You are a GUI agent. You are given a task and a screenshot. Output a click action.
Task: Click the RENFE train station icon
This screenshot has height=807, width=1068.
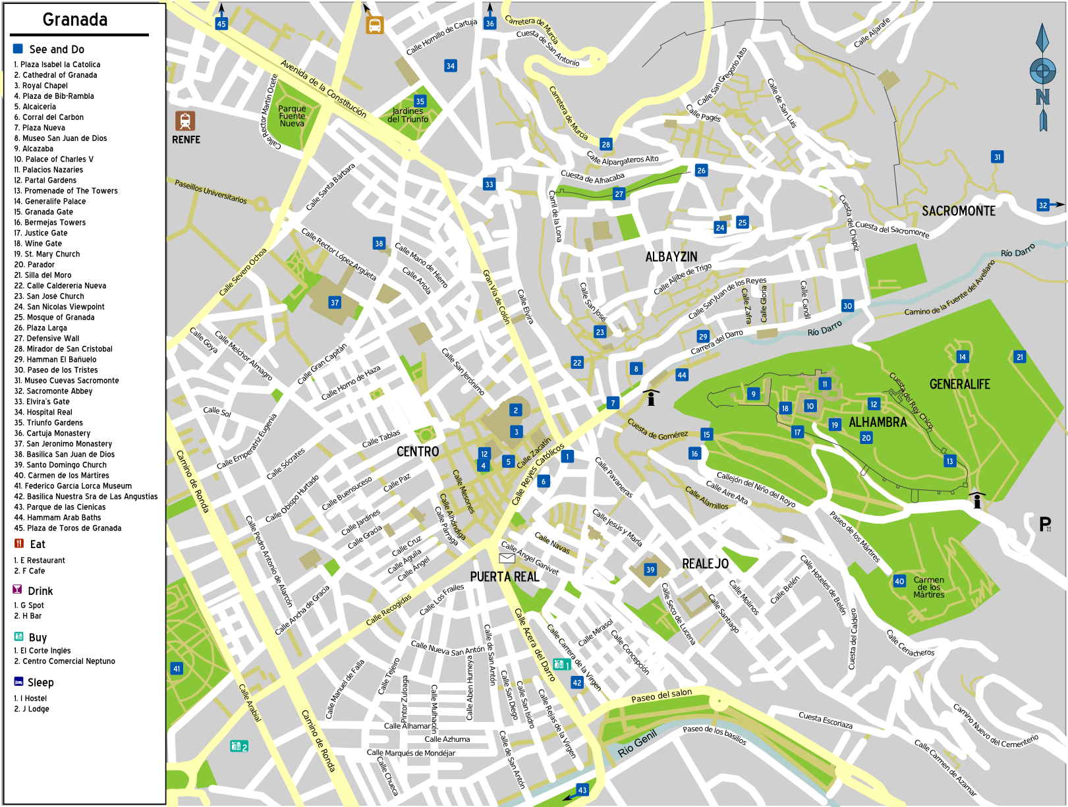click(185, 121)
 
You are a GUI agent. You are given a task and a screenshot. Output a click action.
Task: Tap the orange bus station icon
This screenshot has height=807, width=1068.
click(375, 25)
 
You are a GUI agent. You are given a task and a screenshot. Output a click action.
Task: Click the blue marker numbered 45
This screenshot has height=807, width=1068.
click(221, 24)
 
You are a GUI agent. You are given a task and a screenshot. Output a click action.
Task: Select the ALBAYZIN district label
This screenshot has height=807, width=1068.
click(671, 257)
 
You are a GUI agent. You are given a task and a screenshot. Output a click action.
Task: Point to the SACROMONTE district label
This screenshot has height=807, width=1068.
click(958, 211)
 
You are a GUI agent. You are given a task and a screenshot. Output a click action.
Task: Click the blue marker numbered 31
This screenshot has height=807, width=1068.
click(997, 157)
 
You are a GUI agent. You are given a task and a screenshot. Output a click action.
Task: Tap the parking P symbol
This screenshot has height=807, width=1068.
click(1045, 524)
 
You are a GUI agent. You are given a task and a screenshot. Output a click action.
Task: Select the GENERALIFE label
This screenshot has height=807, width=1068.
click(959, 384)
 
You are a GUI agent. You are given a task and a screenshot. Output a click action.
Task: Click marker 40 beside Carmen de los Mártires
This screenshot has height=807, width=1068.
click(899, 581)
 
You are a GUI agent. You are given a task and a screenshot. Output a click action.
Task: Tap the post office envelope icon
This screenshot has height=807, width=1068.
click(507, 559)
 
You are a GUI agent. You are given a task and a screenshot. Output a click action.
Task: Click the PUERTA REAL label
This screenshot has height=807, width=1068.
click(505, 577)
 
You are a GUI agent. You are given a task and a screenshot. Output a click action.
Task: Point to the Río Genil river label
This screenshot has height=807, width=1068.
click(637, 744)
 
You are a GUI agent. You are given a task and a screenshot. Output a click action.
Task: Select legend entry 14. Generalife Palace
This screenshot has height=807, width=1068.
click(55, 202)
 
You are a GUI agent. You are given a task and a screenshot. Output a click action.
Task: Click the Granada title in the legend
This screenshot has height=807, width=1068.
click(75, 20)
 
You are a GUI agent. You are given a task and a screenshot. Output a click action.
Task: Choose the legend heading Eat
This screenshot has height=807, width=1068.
click(38, 544)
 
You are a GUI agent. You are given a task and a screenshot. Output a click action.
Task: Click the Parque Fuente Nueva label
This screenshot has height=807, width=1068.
click(292, 116)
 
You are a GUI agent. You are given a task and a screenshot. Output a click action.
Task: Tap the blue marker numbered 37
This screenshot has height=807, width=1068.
click(335, 302)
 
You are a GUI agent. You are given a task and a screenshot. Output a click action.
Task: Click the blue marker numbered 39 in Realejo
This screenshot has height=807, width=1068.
click(650, 570)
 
